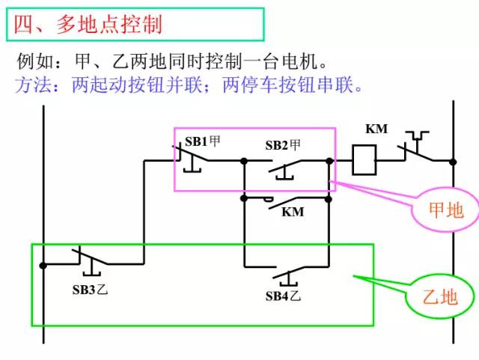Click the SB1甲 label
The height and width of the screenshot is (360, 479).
[202, 140]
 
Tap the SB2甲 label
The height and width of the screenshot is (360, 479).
[283, 145]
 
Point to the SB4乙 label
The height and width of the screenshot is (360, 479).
[283, 296]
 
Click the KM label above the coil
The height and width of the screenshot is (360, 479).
[376, 129]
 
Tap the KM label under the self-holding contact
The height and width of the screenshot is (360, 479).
[293, 212]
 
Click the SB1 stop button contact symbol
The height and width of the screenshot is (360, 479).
[192, 157]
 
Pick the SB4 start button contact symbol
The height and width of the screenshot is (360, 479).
[283, 271]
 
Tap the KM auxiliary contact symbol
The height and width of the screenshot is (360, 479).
[283, 201]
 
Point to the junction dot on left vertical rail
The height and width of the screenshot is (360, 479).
[44, 265]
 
